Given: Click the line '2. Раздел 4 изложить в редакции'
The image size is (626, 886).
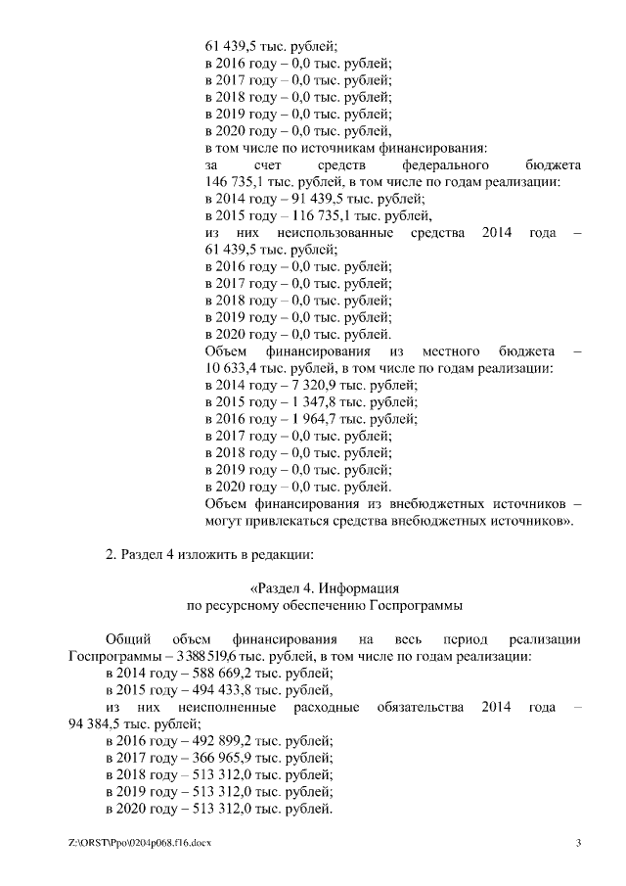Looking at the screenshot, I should coord(209,555).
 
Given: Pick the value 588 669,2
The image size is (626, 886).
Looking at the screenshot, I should coord(206,673).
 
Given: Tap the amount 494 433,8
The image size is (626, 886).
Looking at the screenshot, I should coord(206,689).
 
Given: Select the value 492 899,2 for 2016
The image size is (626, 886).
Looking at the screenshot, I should coord(206,741).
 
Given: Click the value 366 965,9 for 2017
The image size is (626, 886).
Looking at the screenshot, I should coord(206,758).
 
